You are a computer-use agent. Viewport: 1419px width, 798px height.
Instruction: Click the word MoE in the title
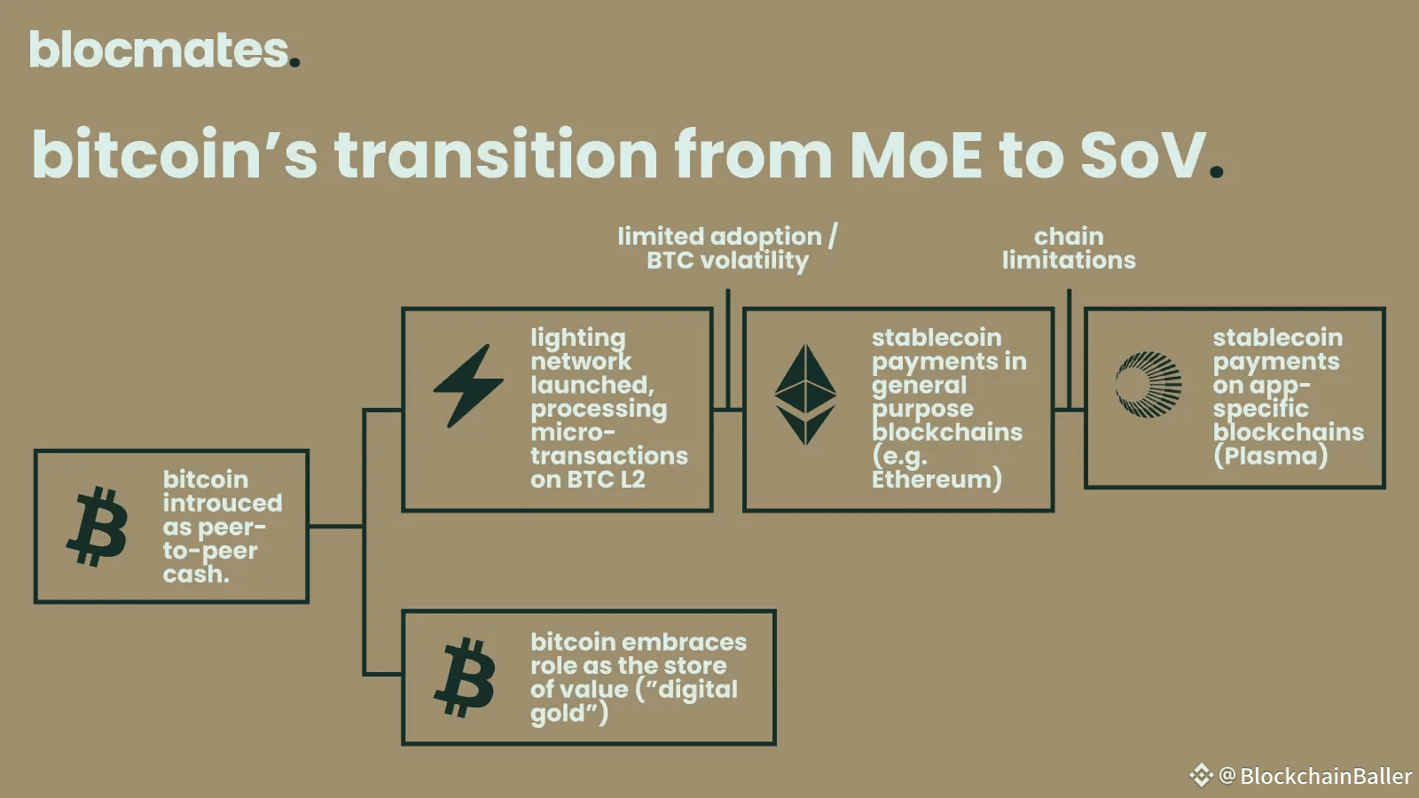coord(916,154)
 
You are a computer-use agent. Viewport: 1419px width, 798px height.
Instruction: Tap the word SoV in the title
coord(1143,154)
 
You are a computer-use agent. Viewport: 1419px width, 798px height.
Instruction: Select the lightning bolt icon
coord(468,386)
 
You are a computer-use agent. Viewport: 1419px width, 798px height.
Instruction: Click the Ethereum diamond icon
coord(805,394)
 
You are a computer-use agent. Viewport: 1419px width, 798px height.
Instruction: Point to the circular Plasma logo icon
coord(1149,385)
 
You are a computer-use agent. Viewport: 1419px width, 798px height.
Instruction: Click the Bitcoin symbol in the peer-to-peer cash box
coord(97,527)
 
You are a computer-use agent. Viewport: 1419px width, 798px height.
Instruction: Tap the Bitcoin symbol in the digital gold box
coord(465,677)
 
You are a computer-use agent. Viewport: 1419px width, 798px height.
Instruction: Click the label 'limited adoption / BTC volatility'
coord(728,248)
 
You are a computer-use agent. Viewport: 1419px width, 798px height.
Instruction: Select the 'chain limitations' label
coord(1070,248)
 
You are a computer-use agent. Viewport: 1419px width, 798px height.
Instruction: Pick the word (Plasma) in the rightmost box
coord(1271,456)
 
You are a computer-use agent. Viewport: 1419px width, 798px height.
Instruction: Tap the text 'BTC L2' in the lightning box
coord(607,480)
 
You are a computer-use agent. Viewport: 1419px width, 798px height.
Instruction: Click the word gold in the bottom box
coord(558,714)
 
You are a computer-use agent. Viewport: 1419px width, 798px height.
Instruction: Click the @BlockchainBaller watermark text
coord(1314,776)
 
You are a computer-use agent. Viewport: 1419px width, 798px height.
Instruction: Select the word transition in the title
coord(496,154)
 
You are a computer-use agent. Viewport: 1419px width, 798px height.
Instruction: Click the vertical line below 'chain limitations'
coord(1070,349)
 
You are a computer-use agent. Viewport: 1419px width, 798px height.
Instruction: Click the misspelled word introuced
coord(223,503)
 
